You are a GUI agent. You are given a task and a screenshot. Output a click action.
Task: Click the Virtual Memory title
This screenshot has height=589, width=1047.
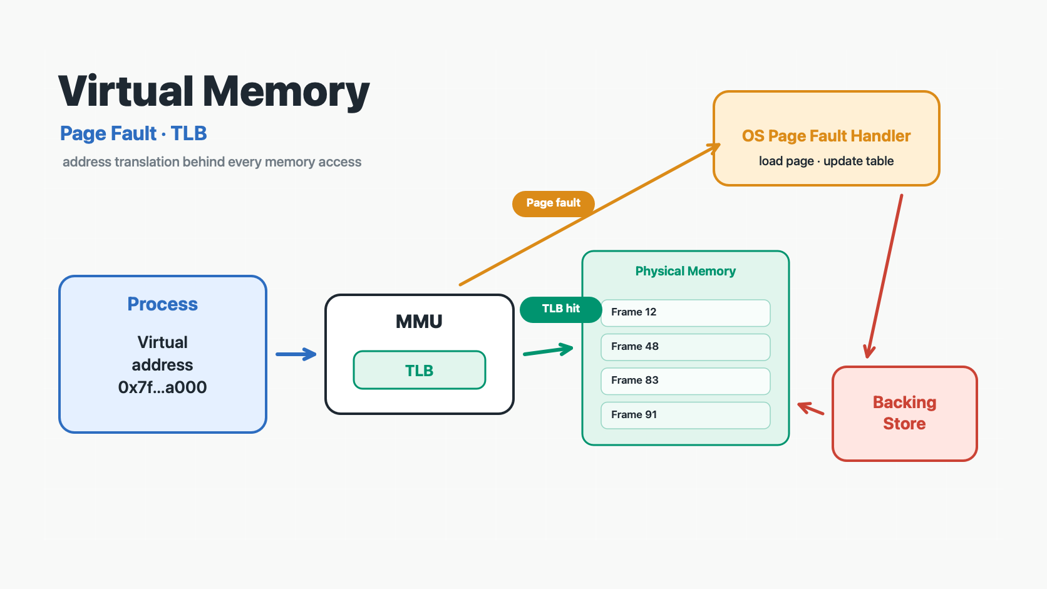(x=214, y=92)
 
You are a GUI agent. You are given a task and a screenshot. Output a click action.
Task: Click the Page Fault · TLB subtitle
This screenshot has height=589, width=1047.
(x=133, y=133)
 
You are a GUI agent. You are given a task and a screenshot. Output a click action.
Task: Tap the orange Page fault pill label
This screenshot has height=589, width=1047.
(x=554, y=203)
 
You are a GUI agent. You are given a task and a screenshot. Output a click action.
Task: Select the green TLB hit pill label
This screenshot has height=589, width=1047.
(x=560, y=309)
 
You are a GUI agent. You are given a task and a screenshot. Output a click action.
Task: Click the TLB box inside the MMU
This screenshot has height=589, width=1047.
(x=420, y=370)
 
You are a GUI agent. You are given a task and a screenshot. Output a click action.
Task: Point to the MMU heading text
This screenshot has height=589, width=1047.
(x=419, y=322)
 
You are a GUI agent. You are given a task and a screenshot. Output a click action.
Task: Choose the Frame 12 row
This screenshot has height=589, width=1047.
(x=685, y=312)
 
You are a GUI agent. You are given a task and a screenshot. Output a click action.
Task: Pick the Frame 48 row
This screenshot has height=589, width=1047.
(x=685, y=347)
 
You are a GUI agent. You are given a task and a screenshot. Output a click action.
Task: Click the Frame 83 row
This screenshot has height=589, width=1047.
(x=685, y=381)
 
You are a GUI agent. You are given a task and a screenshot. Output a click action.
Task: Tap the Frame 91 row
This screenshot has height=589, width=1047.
(x=685, y=415)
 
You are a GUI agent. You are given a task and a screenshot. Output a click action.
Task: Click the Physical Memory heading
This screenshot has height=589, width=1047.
(x=685, y=272)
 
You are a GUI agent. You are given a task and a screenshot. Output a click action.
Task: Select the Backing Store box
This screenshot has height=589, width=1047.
(x=904, y=413)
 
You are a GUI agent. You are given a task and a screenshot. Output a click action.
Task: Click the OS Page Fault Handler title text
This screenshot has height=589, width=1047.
(x=826, y=136)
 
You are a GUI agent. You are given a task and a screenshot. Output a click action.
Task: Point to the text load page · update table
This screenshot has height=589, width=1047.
(x=826, y=161)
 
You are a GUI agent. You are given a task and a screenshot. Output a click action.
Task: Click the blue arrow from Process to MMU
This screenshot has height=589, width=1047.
(x=296, y=354)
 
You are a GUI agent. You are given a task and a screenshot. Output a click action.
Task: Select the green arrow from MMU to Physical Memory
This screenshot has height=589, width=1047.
(x=549, y=351)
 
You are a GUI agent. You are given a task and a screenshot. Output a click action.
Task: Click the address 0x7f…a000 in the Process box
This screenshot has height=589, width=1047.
(x=162, y=387)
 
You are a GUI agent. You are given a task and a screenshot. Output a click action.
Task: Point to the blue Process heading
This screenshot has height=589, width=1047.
(x=162, y=304)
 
